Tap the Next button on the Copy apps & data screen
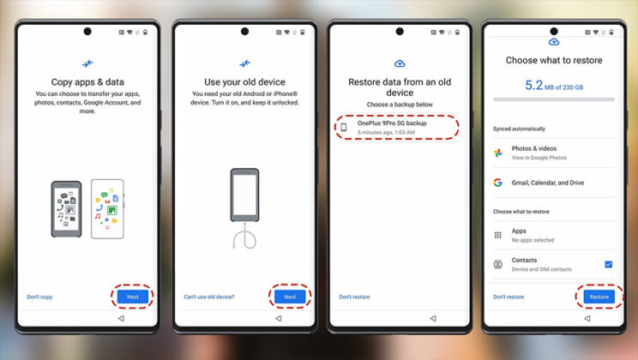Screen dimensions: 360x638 click(x=132, y=297)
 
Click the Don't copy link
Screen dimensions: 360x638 click(x=39, y=297)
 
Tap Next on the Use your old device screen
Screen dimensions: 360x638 click(x=289, y=297)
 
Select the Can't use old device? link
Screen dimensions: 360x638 click(x=209, y=297)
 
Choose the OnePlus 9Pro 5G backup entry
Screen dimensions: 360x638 click(x=396, y=128)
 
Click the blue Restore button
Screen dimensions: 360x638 click(x=599, y=297)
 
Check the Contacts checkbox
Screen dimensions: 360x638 click(x=608, y=265)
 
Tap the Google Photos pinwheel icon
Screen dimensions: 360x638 click(x=498, y=153)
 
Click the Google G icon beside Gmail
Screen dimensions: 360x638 click(x=498, y=183)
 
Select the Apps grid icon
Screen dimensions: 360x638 click(x=498, y=235)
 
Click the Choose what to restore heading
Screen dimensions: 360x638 click(x=553, y=61)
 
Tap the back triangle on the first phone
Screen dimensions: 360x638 click(x=120, y=318)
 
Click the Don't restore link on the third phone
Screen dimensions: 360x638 click(x=353, y=297)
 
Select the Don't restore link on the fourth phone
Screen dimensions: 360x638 click(x=509, y=297)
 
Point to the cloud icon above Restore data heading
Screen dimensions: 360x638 click(x=399, y=63)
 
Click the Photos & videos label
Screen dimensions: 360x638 click(x=533, y=148)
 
